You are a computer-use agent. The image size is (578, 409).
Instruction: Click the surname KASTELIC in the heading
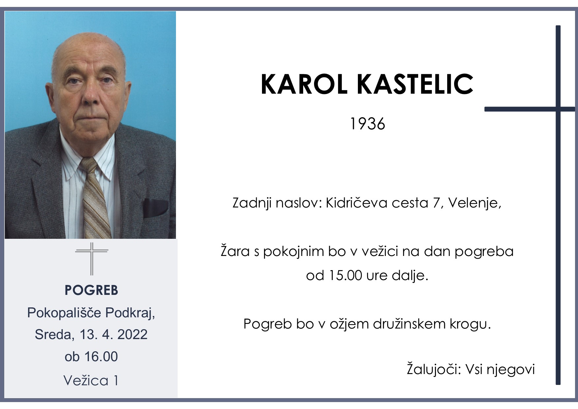pyautogui.click(x=415, y=84)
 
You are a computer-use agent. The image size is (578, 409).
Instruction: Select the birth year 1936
pyautogui.click(x=367, y=124)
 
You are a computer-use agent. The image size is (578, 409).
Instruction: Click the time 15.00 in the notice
pyautogui.click(x=345, y=275)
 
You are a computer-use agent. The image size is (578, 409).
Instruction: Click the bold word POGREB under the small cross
pyautogui.click(x=91, y=290)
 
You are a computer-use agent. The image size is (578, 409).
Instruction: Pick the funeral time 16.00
pyautogui.click(x=101, y=357)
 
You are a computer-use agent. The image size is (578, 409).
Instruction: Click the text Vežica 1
pyautogui.click(x=91, y=381)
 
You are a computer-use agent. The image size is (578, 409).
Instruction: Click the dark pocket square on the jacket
pyautogui.click(x=155, y=208)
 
